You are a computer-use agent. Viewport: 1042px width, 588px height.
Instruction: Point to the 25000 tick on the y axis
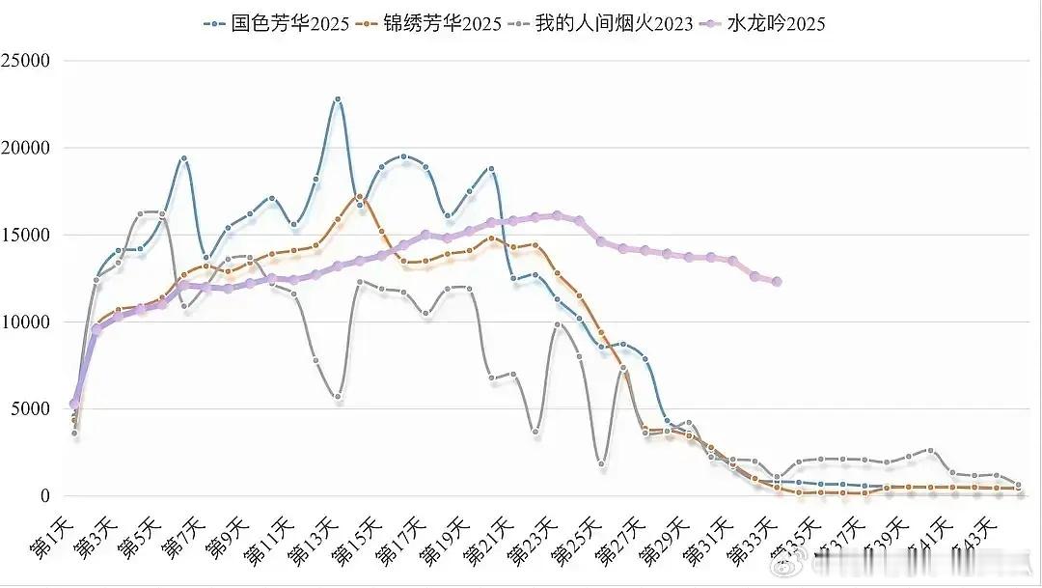[28, 61]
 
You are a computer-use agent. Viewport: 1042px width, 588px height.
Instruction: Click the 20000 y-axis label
[28, 148]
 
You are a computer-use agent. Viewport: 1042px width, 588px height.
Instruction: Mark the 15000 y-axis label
[28, 235]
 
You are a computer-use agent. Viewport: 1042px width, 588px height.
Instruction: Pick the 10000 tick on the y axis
[28, 322]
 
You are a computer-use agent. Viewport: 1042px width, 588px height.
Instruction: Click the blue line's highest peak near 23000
[338, 98]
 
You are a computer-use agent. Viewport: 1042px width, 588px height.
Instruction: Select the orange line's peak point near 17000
[359, 197]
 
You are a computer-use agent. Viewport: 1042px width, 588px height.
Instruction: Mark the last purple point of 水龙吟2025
[777, 282]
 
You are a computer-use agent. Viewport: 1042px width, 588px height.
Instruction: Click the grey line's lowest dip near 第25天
[601, 464]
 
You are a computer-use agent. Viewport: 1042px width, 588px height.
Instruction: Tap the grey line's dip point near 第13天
[338, 397]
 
